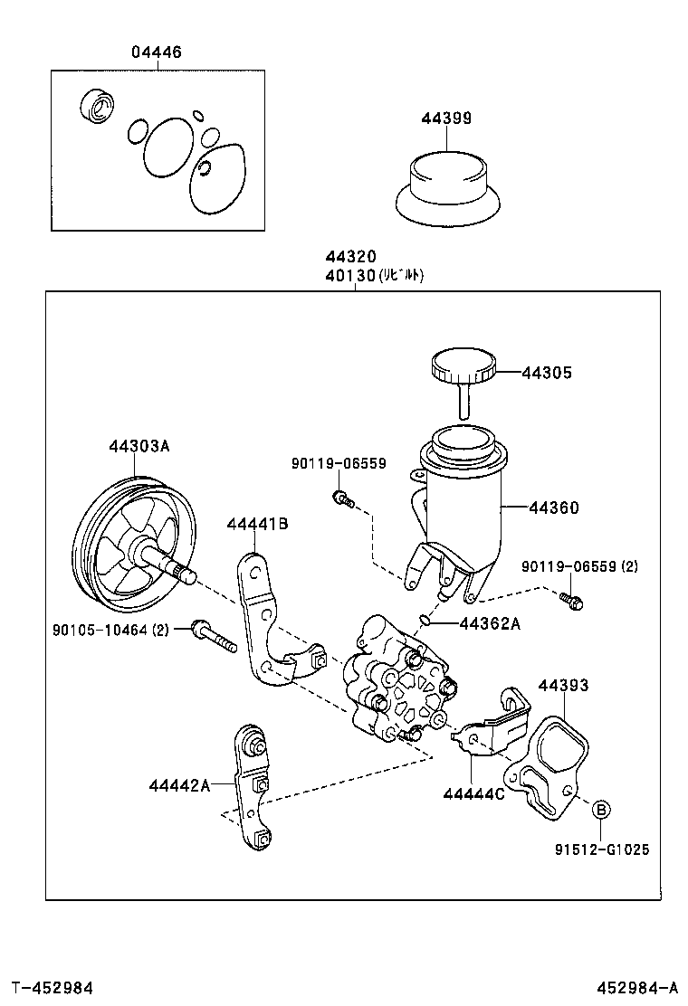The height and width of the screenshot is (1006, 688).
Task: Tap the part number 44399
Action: [445, 119]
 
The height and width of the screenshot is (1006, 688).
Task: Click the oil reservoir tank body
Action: [462, 507]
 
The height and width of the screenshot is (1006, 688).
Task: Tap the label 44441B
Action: [257, 524]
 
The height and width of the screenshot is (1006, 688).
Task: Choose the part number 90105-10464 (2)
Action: [122, 629]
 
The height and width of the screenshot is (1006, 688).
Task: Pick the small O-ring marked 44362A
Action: [424, 620]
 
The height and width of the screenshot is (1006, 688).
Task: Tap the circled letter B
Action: [602, 810]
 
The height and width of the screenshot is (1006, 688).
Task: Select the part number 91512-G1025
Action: [602, 849]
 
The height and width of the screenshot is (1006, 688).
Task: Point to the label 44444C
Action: [473, 793]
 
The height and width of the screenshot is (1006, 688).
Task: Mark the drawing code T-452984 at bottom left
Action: [52, 986]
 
